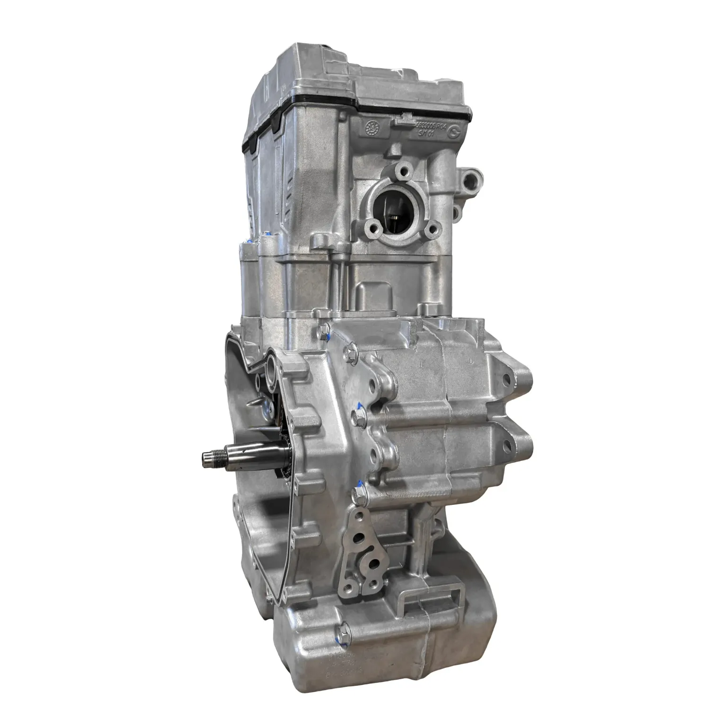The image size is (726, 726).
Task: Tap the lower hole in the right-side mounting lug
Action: (507, 445)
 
